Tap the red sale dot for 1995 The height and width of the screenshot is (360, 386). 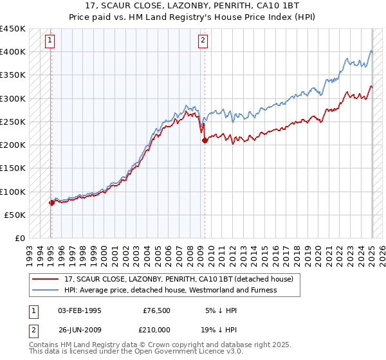click(x=51, y=203)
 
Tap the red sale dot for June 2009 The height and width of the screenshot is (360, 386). click(x=205, y=139)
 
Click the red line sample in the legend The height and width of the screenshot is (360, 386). click(x=44, y=279)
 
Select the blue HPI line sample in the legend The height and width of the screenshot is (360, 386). click(x=44, y=290)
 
